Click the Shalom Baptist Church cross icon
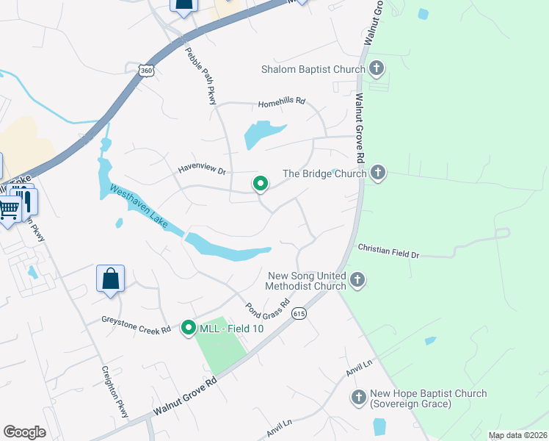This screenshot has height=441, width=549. tap(377, 70)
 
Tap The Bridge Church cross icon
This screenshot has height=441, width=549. tap(377, 173)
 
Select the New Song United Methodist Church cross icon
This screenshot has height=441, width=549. tap(357, 279)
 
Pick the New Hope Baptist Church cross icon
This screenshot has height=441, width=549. tap(359, 398)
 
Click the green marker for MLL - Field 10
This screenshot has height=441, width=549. tap(189, 328)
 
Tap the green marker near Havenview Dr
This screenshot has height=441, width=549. tap(260, 184)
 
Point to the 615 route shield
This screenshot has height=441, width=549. tap(298, 314)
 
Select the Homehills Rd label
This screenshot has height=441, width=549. tap(280, 101)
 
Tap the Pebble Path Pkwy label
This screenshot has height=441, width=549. tap(204, 73)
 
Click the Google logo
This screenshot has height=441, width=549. tap(24, 431)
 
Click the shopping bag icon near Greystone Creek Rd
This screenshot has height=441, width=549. tap(110, 279)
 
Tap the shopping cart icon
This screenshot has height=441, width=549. tap(9, 209)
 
